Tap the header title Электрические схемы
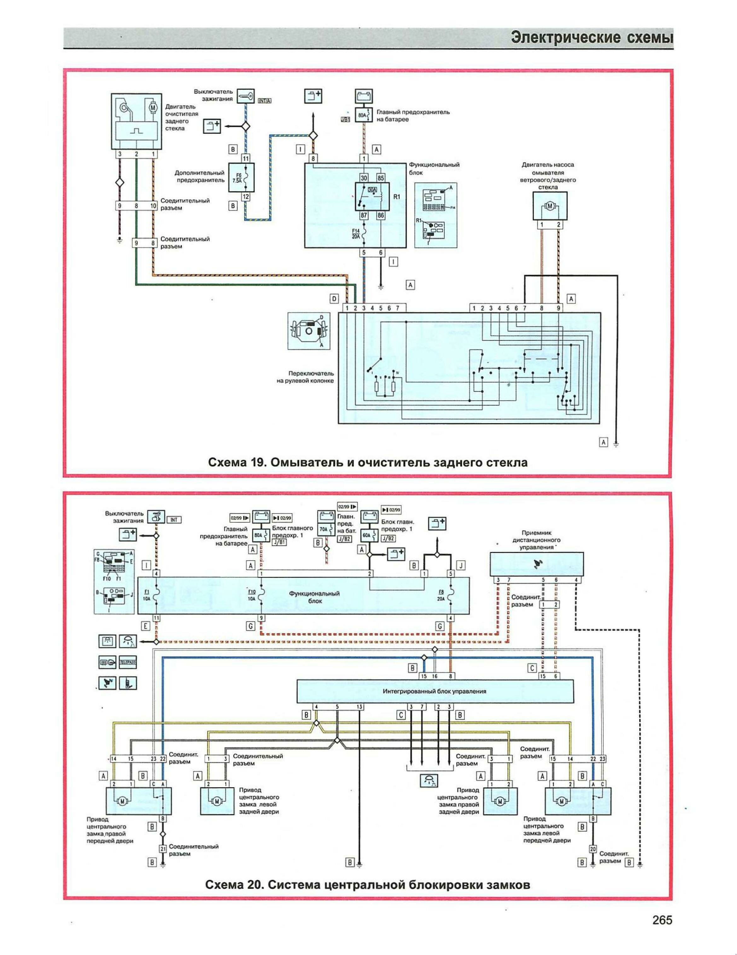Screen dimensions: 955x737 (592, 38)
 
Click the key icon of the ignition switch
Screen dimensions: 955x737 (246, 96)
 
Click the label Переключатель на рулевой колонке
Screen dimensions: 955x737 (305, 377)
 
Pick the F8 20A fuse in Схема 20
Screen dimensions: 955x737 (450, 595)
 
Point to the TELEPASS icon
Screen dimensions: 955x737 (128, 662)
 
